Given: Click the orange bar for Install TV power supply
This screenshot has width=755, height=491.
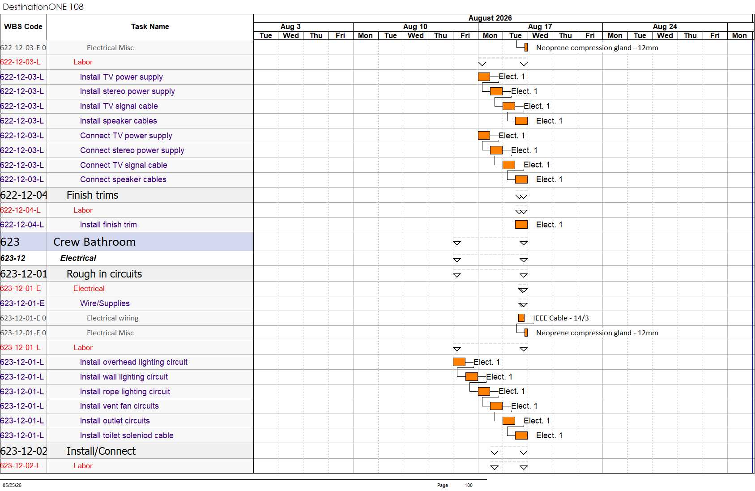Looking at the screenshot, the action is [484, 77].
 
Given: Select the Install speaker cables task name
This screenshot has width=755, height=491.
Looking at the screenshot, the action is [118, 121].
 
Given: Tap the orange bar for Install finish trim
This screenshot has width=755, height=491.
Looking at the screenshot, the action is [521, 224].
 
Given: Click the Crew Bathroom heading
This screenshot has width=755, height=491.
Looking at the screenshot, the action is [94, 242].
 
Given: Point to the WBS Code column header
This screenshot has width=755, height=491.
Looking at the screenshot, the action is [23, 26].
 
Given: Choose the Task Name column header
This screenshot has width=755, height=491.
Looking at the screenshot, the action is [150, 26].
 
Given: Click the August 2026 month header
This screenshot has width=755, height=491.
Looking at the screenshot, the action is [490, 18].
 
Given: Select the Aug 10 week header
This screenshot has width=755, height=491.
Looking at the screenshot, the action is [415, 26].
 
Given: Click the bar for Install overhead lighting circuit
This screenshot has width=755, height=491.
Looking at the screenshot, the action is [459, 362].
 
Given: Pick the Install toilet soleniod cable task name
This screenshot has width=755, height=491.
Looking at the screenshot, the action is [127, 435].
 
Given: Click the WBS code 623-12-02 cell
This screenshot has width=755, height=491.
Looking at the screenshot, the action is [24, 451].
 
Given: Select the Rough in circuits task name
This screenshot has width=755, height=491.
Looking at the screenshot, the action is [104, 273].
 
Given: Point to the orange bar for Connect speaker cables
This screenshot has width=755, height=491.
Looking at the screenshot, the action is [521, 179].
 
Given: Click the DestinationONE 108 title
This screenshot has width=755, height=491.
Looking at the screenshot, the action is [43, 7].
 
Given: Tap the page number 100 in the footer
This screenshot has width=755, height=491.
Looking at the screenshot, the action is [469, 485].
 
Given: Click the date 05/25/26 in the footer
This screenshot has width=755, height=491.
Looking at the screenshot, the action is [12, 485].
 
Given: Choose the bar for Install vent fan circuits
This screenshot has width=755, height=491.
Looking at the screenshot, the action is [496, 406].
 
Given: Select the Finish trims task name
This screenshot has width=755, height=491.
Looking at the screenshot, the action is [92, 195].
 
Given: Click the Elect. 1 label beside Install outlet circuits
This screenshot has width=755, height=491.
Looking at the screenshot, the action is [537, 421].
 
